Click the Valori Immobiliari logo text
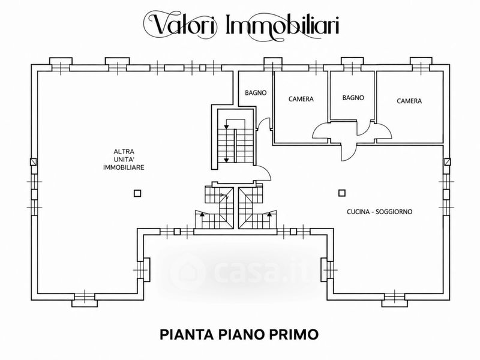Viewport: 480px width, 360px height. click(241, 25)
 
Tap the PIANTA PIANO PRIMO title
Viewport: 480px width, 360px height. click(239, 334)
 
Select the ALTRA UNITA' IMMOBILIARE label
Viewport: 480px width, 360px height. click(124, 160)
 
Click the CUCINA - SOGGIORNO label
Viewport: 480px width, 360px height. click(379, 212)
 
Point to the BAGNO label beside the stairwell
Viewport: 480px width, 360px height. click(256, 92)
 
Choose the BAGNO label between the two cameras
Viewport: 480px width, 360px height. click(353, 98)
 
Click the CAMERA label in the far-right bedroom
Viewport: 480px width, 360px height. click(409, 101)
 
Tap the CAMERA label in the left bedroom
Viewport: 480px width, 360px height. click(301, 99)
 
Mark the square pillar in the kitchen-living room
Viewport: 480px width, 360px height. click(342, 193)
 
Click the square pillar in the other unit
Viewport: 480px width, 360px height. click(137, 193)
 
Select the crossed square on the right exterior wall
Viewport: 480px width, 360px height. click(447, 161)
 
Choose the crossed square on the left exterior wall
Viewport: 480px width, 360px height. click(34, 161)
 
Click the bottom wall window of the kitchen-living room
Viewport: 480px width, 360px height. click(395, 299)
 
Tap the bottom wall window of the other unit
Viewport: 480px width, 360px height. click(85, 299)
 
